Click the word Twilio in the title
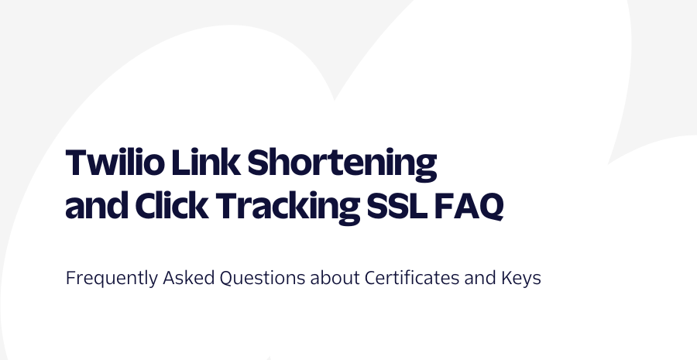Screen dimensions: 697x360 click(x=115, y=162)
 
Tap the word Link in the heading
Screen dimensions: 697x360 click(x=206, y=162)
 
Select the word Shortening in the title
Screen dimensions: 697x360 click(x=342, y=164)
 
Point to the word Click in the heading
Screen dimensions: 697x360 click(x=172, y=205)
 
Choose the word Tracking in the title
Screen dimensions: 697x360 click(x=288, y=208)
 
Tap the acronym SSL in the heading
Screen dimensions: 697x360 click(x=397, y=205)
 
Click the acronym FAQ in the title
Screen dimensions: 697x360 click(x=469, y=206)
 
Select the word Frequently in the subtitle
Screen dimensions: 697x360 click(x=112, y=279)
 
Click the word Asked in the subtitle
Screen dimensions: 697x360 click(x=189, y=278)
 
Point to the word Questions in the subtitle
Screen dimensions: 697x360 click(x=263, y=278)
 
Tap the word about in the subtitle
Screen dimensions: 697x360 click(x=335, y=278)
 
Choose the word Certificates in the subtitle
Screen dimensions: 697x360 click(x=412, y=278)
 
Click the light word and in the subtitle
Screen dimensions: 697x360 click(x=480, y=278)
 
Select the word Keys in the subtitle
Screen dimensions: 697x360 click(x=521, y=279)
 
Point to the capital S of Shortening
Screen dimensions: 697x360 click(x=258, y=163)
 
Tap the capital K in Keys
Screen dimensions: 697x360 click(x=507, y=278)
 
